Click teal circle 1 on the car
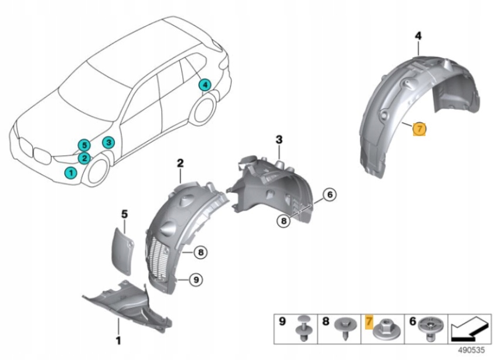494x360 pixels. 70,172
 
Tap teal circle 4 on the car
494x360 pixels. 204,86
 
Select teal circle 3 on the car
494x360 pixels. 108,142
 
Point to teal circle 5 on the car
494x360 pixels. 84,145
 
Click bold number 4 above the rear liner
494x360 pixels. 418,36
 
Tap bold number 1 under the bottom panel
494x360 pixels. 118,339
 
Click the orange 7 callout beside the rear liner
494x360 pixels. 420,128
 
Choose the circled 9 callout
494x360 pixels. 197,280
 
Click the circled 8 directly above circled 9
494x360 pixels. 200,253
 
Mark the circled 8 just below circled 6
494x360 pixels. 284,221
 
